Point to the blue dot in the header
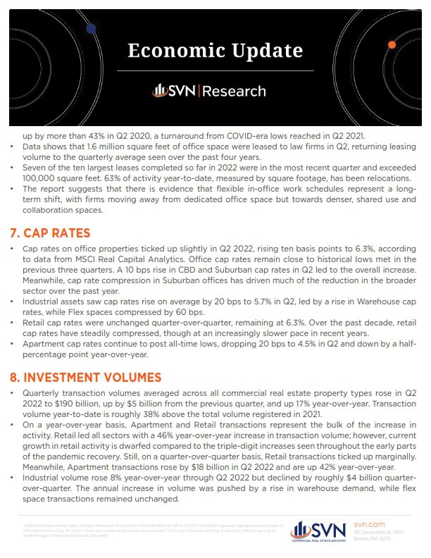click(x=91, y=28)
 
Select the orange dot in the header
click(x=392, y=45)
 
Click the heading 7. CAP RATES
click(x=61, y=232)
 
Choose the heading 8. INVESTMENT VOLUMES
click(x=96, y=377)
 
